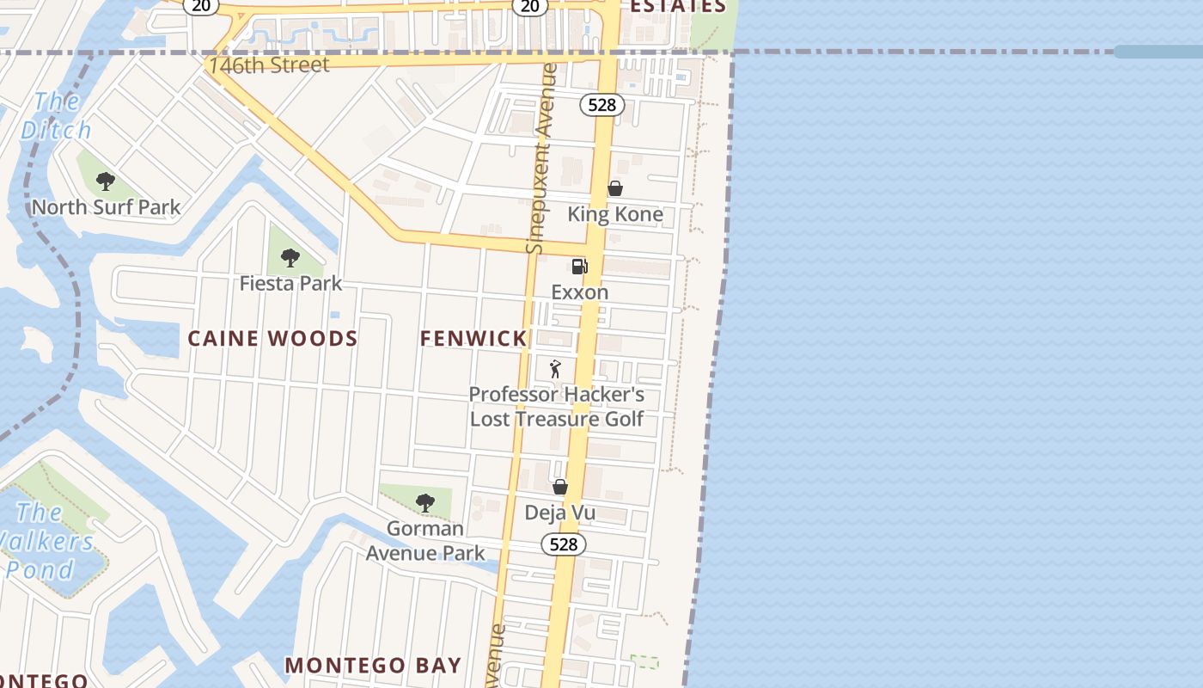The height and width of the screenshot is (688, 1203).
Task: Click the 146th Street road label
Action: (x=268, y=65)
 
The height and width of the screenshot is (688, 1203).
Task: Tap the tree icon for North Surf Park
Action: (x=106, y=181)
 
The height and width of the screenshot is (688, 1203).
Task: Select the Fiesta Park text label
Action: (x=290, y=283)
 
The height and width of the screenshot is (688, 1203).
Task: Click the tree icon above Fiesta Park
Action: (x=290, y=257)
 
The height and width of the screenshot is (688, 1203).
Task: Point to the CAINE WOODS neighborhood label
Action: (x=272, y=338)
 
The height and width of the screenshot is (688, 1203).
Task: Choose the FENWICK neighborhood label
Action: (x=473, y=339)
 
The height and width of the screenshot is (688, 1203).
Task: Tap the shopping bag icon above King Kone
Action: (x=615, y=188)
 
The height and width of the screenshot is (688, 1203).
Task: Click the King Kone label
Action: (x=615, y=214)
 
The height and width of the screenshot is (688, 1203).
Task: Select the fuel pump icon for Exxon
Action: (x=580, y=267)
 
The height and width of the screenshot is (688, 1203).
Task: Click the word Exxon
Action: (x=580, y=292)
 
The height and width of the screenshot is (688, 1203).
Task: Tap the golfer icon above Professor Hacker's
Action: (x=556, y=369)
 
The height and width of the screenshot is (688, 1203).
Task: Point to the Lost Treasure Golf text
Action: (x=557, y=420)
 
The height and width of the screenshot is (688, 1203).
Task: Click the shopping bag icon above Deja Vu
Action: (x=560, y=487)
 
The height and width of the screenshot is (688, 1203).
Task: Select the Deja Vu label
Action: (x=560, y=513)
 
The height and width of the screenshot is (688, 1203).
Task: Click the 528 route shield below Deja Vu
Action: (x=564, y=544)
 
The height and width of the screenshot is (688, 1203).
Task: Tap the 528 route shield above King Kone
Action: (x=601, y=105)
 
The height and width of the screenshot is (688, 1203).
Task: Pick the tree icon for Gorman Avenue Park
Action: (x=424, y=503)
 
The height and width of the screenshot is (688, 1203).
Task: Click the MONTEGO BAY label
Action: (x=373, y=666)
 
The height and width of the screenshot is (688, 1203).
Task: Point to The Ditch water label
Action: (x=56, y=116)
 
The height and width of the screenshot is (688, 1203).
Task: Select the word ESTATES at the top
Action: (x=678, y=7)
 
